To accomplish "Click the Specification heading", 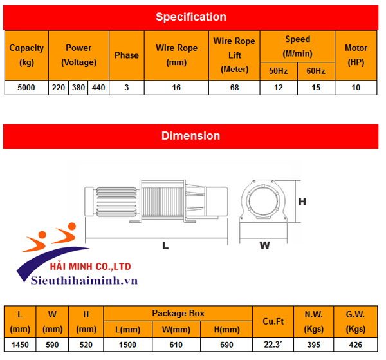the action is [190, 17].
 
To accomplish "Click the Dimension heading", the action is [190, 136].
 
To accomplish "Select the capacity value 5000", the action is [26, 87].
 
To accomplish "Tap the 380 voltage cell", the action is [78, 87].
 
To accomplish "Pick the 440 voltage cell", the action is [98, 87].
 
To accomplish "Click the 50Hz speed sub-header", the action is [279, 70].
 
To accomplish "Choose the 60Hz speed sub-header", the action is [316, 70].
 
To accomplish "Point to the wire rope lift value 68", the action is [234, 87].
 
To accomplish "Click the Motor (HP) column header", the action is [356, 55].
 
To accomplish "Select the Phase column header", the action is [127, 55].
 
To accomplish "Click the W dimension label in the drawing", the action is [264, 245].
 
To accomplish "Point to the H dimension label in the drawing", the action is [302, 202].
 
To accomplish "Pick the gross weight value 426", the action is [356, 345].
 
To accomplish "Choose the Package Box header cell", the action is [178, 314].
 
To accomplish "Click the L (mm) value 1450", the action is [21, 345].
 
